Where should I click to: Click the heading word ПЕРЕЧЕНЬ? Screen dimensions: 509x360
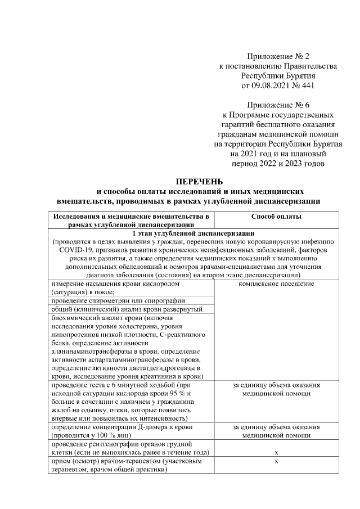pos(200,182)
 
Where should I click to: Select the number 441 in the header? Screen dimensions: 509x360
pos(307,86)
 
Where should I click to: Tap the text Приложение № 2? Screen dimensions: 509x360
pos(278,56)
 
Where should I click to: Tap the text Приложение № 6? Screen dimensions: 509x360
pos(278,104)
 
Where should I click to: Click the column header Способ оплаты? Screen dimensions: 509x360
pos(276,217)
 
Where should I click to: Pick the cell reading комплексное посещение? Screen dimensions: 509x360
pos(276,283)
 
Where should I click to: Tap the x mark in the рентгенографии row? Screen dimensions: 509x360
pos(276,452)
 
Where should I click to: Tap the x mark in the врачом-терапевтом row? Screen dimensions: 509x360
pos(276,461)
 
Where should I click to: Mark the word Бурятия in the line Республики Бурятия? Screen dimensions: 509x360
pos(296,76)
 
